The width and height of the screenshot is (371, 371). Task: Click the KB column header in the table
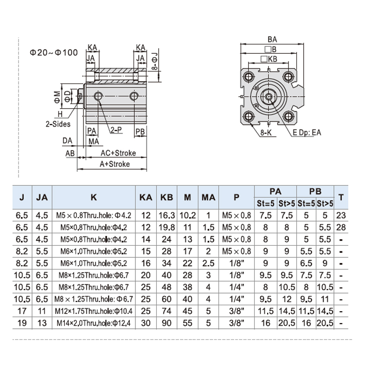point(166,198)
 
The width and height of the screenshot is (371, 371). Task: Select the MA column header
point(208,198)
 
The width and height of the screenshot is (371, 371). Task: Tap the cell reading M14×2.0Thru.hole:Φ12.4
point(94,323)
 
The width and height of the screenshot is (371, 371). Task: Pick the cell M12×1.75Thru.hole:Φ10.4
point(94,311)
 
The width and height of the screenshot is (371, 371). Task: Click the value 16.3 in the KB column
point(166,215)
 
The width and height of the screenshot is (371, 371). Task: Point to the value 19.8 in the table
point(166,227)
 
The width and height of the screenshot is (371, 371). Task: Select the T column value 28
point(341,227)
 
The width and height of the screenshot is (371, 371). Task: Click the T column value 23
point(341,215)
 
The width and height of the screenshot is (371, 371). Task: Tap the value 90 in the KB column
point(166,323)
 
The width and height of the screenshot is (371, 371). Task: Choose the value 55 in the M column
point(187,323)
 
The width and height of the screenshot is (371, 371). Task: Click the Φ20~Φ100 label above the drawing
point(54,52)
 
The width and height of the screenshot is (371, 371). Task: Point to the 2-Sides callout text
point(58,124)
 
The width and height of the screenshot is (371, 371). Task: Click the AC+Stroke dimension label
point(118,153)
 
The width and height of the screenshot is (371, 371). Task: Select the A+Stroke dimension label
point(115,164)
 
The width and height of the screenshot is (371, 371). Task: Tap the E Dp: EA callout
point(307,133)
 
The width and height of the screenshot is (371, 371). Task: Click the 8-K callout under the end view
point(266,133)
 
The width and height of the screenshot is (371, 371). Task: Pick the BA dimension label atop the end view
point(272,39)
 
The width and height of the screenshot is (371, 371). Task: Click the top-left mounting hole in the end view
point(248,77)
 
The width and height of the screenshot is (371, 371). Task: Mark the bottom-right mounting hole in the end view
point(288,116)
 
